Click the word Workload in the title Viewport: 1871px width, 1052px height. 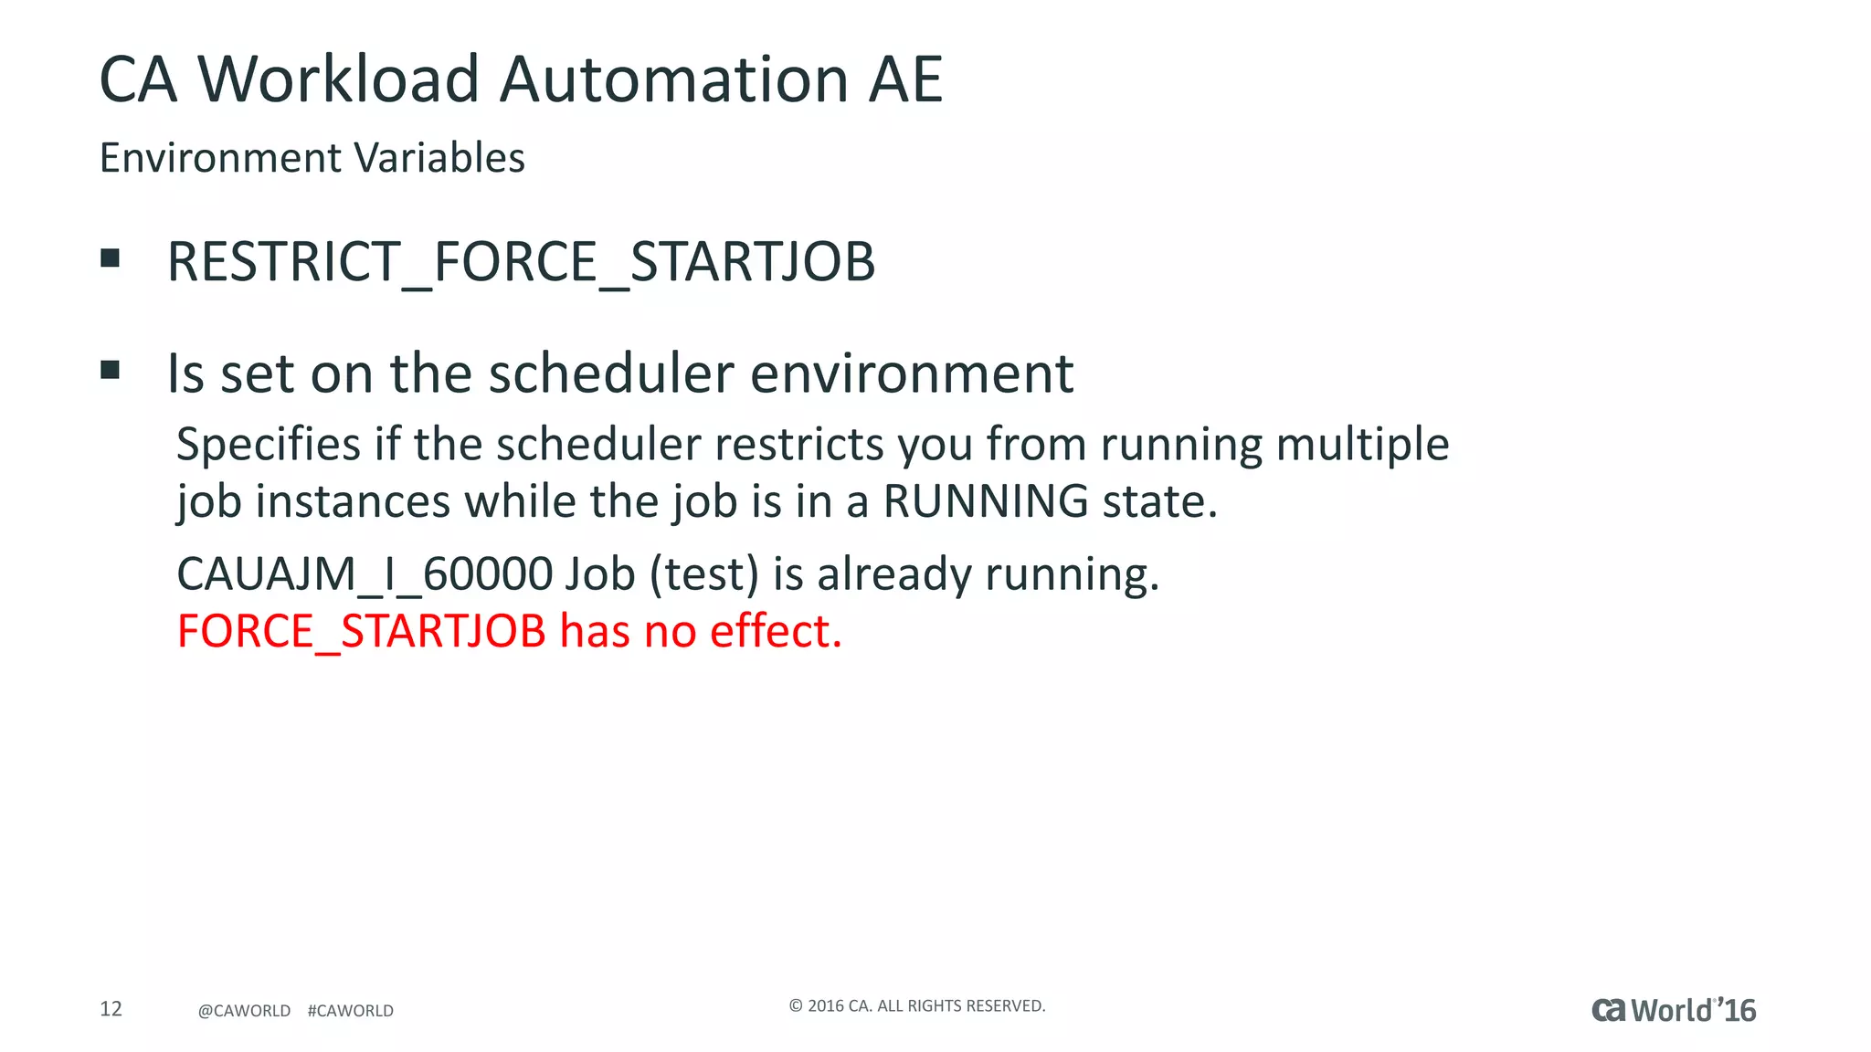pyautogui.click(x=338, y=79)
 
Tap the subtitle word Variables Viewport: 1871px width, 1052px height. pyautogui.click(x=439, y=158)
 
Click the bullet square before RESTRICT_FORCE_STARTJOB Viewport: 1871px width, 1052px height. pyautogui.click(x=111, y=258)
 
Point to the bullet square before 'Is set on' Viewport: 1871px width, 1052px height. pyautogui.click(x=111, y=370)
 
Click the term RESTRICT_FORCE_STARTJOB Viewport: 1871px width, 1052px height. pyautogui.click(x=521, y=262)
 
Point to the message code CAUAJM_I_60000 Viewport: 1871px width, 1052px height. pyautogui.click(x=365, y=574)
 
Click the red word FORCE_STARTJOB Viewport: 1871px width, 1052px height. pyautogui.click(x=361, y=631)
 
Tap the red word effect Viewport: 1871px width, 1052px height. pyautogui.click(x=775, y=631)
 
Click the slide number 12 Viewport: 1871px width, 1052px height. pyautogui.click(x=111, y=1008)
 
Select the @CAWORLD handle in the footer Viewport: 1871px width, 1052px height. pyautogui.click(x=244, y=1011)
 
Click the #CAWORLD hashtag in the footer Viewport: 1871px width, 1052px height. pyautogui.click(x=351, y=1011)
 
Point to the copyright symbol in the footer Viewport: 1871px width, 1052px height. pyautogui.click(x=796, y=1006)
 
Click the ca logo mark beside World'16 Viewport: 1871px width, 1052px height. pyautogui.click(x=1609, y=1010)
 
